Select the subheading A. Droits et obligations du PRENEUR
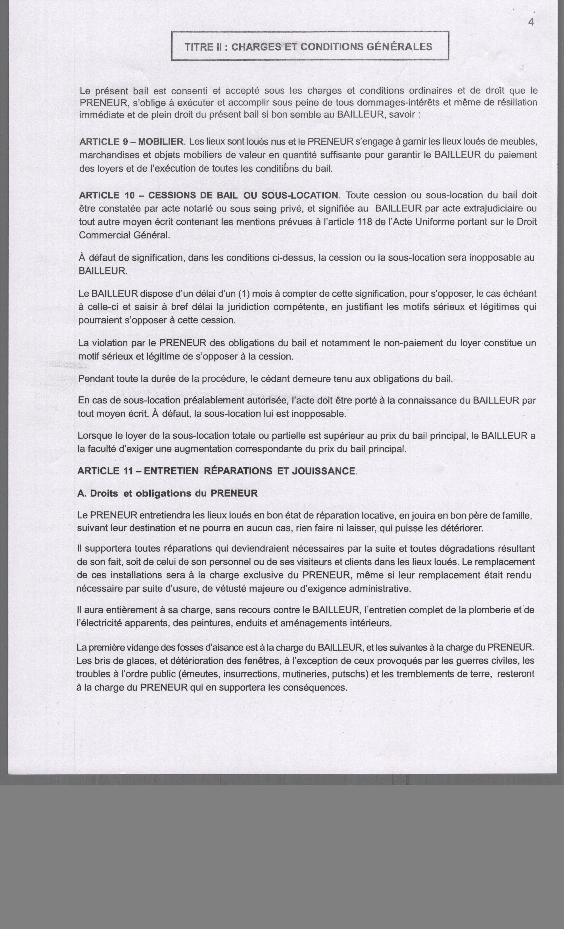167,493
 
